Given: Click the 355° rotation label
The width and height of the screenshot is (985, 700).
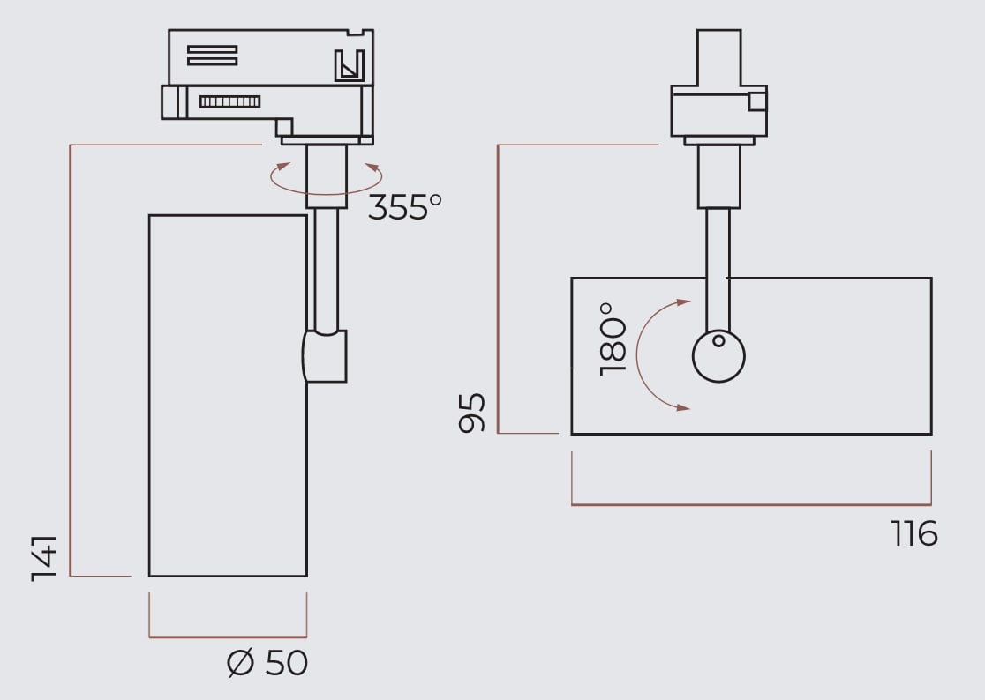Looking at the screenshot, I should [x=404, y=207].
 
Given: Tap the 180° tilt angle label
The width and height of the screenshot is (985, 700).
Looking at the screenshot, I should [x=613, y=338].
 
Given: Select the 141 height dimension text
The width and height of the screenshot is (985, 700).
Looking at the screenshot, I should [x=44, y=557].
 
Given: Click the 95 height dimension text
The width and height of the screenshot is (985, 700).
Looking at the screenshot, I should [x=472, y=413].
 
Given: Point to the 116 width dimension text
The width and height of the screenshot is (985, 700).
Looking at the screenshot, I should [x=914, y=533].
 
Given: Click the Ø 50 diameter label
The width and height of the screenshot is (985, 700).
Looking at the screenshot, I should [x=267, y=663].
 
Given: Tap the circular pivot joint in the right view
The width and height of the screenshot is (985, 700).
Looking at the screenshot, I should [x=718, y=356].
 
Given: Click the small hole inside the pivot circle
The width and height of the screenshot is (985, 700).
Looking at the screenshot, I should [x=718, y=340].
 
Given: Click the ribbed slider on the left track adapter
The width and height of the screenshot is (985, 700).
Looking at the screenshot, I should [x=229, y=101].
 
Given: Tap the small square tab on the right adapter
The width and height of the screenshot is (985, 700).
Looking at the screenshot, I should [x=757, y=101].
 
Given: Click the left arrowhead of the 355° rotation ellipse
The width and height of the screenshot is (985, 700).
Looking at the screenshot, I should [x=282, y=166].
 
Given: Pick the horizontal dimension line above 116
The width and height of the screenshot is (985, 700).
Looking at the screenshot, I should [x=751, y=504].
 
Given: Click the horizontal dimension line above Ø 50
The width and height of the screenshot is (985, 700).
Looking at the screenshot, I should [x=228, y=636].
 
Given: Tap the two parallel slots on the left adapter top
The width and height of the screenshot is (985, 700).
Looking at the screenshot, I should [x=212, y=55].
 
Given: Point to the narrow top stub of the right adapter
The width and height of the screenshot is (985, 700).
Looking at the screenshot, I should [x=718, y=57].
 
